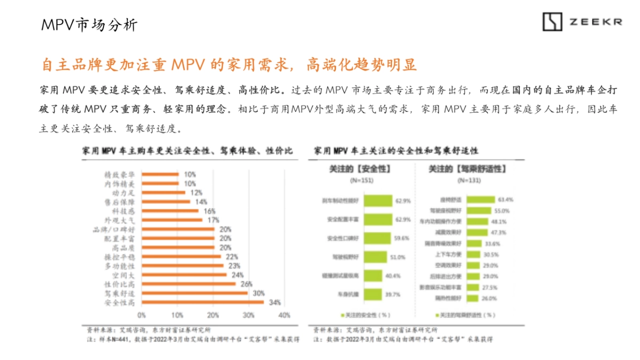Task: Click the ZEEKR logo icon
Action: [553, 21]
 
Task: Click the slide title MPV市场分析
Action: [89, 25]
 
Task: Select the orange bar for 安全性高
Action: [203, 303]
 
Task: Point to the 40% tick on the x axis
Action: [284, 315]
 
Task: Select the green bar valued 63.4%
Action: [481, 199]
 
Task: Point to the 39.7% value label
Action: [392, 294]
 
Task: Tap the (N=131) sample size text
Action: [464, 181]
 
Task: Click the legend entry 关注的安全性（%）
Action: [369, 315]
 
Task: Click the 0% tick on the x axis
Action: [142, 315]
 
